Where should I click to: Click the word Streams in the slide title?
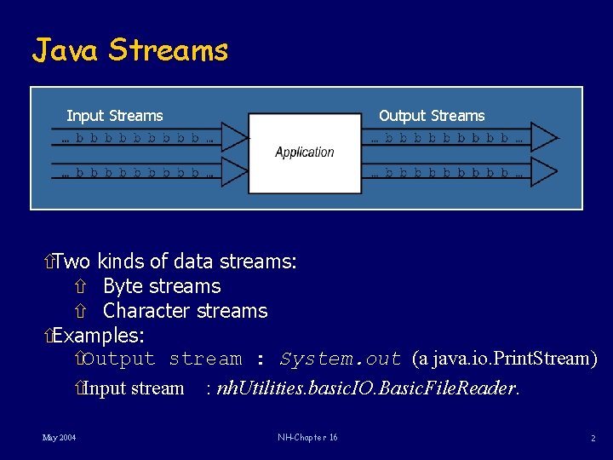click(169, 50)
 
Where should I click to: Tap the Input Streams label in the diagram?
click(115, 116)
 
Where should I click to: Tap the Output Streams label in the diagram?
click(432, 116)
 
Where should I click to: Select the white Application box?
click(305, 153)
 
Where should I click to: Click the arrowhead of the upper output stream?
click(545, 137)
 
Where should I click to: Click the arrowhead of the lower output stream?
click(545, 173)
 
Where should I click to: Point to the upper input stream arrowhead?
click(235, 137)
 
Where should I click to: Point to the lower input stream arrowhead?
click(235, 173)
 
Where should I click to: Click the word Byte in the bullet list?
click(123, 286)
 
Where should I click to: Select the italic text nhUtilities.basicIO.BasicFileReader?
click(366, 389)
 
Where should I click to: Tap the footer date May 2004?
click(59, 438)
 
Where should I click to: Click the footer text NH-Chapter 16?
click(307, 438)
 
